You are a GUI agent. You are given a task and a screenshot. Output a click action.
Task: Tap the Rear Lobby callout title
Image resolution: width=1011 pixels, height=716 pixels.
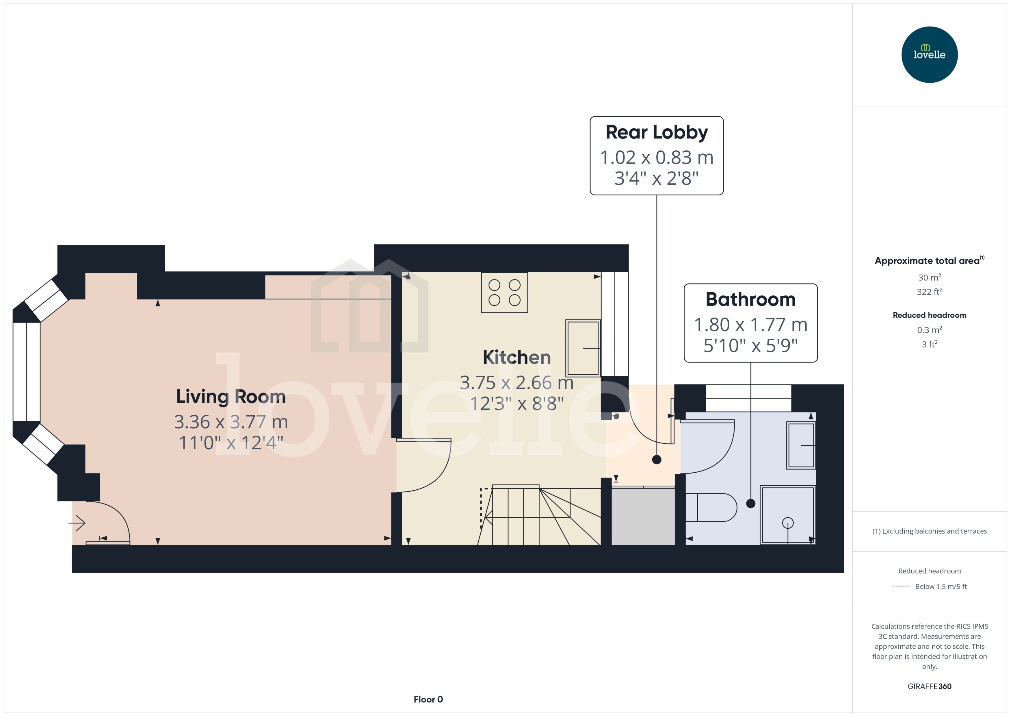point(656,132)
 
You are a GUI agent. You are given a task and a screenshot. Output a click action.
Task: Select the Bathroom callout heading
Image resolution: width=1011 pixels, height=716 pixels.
point(750,299)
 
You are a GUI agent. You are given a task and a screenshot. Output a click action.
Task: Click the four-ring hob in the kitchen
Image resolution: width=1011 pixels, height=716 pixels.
point(504,292)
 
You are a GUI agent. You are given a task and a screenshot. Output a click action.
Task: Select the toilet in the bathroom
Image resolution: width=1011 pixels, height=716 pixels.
point(711,508)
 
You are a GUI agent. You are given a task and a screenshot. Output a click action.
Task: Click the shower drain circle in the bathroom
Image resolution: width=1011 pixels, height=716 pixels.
point(788,523)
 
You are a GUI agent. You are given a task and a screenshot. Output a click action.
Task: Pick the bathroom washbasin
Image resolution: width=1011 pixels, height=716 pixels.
point(801,445)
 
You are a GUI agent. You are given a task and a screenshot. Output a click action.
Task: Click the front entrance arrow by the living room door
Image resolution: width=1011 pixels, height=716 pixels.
point(77,523)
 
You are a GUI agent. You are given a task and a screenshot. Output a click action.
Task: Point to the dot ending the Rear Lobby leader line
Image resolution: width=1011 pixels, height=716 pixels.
point(656,459)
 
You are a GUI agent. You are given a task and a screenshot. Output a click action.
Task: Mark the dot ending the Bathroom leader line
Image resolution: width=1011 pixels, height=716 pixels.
point(751,503)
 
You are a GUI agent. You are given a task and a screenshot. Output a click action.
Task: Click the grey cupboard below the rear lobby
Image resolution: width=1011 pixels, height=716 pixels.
point(643,516)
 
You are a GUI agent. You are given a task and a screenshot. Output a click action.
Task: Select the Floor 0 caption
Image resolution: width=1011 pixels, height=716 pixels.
point(428,699)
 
